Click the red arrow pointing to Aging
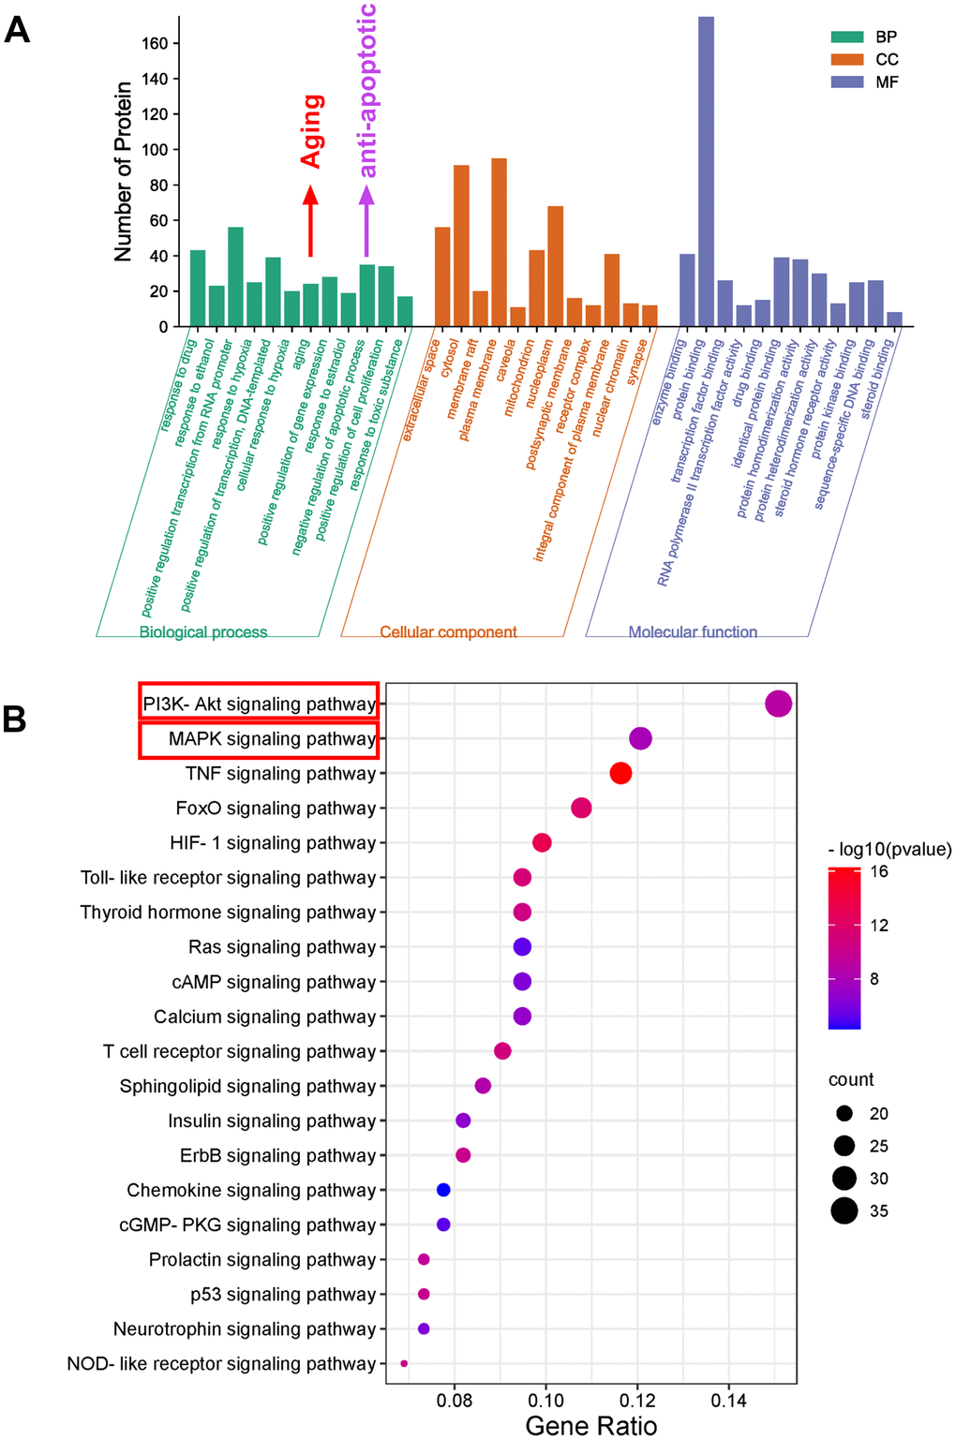point(310,220)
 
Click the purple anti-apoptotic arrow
point(366,220)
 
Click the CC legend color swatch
point(846,59)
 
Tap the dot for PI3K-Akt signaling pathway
point(778,704)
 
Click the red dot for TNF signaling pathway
point(620,773)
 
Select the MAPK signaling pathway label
point(272,739)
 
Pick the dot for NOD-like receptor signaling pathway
point(404,1363)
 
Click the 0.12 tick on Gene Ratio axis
point(637,1401)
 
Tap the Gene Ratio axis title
point(590,1425)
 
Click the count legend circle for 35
point(844,1210)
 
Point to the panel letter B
point(14,719)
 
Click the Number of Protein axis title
point(123,171)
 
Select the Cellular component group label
point(448,632)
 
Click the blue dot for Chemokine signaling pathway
point(443,1190)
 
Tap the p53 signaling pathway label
point(283,1294)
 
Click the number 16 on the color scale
point(879,871)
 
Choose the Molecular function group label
point(693,632)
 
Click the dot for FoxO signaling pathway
point(581,808)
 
